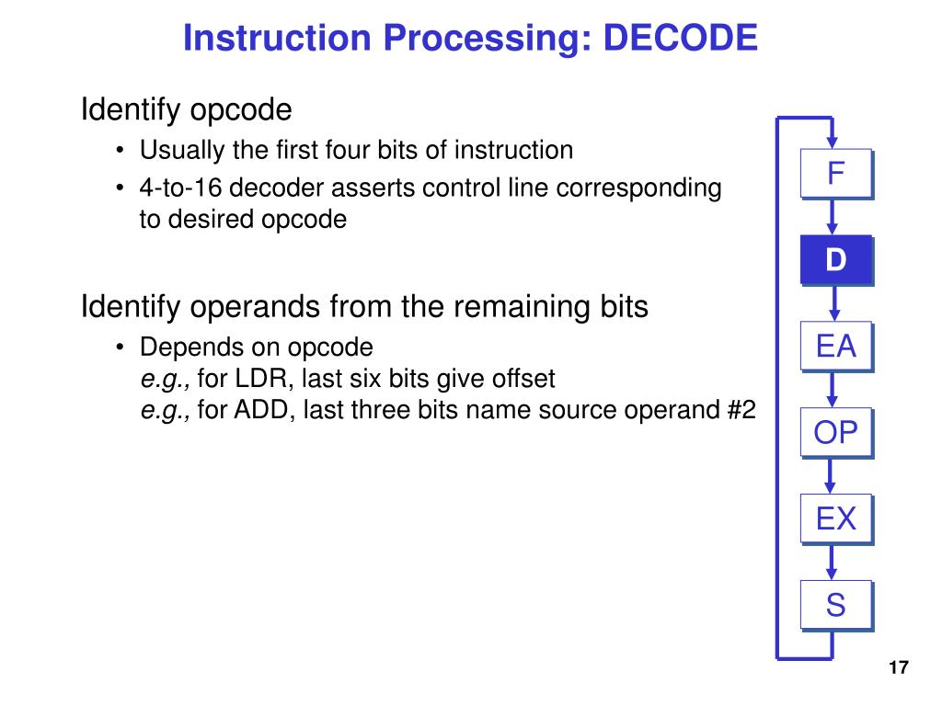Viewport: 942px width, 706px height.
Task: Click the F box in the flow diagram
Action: coord(835,174)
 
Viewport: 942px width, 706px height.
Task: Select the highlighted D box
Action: coord(835,260)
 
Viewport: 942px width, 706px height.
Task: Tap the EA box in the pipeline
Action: coord(835,347)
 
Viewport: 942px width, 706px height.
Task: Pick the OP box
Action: coord(835,433)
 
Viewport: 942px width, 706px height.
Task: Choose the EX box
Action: coord(835,519)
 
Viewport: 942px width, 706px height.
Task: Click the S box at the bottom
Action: coord(835,606)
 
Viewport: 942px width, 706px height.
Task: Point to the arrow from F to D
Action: coord(833,218)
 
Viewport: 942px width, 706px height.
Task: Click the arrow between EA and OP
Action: coord(833,391)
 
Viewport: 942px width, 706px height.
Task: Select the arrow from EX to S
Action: coord(833,564)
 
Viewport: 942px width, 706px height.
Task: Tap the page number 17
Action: coord(898,668)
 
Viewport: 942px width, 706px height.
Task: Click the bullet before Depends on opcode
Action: coord(121,348)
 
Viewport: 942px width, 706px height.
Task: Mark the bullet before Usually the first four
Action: coord(121,150)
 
